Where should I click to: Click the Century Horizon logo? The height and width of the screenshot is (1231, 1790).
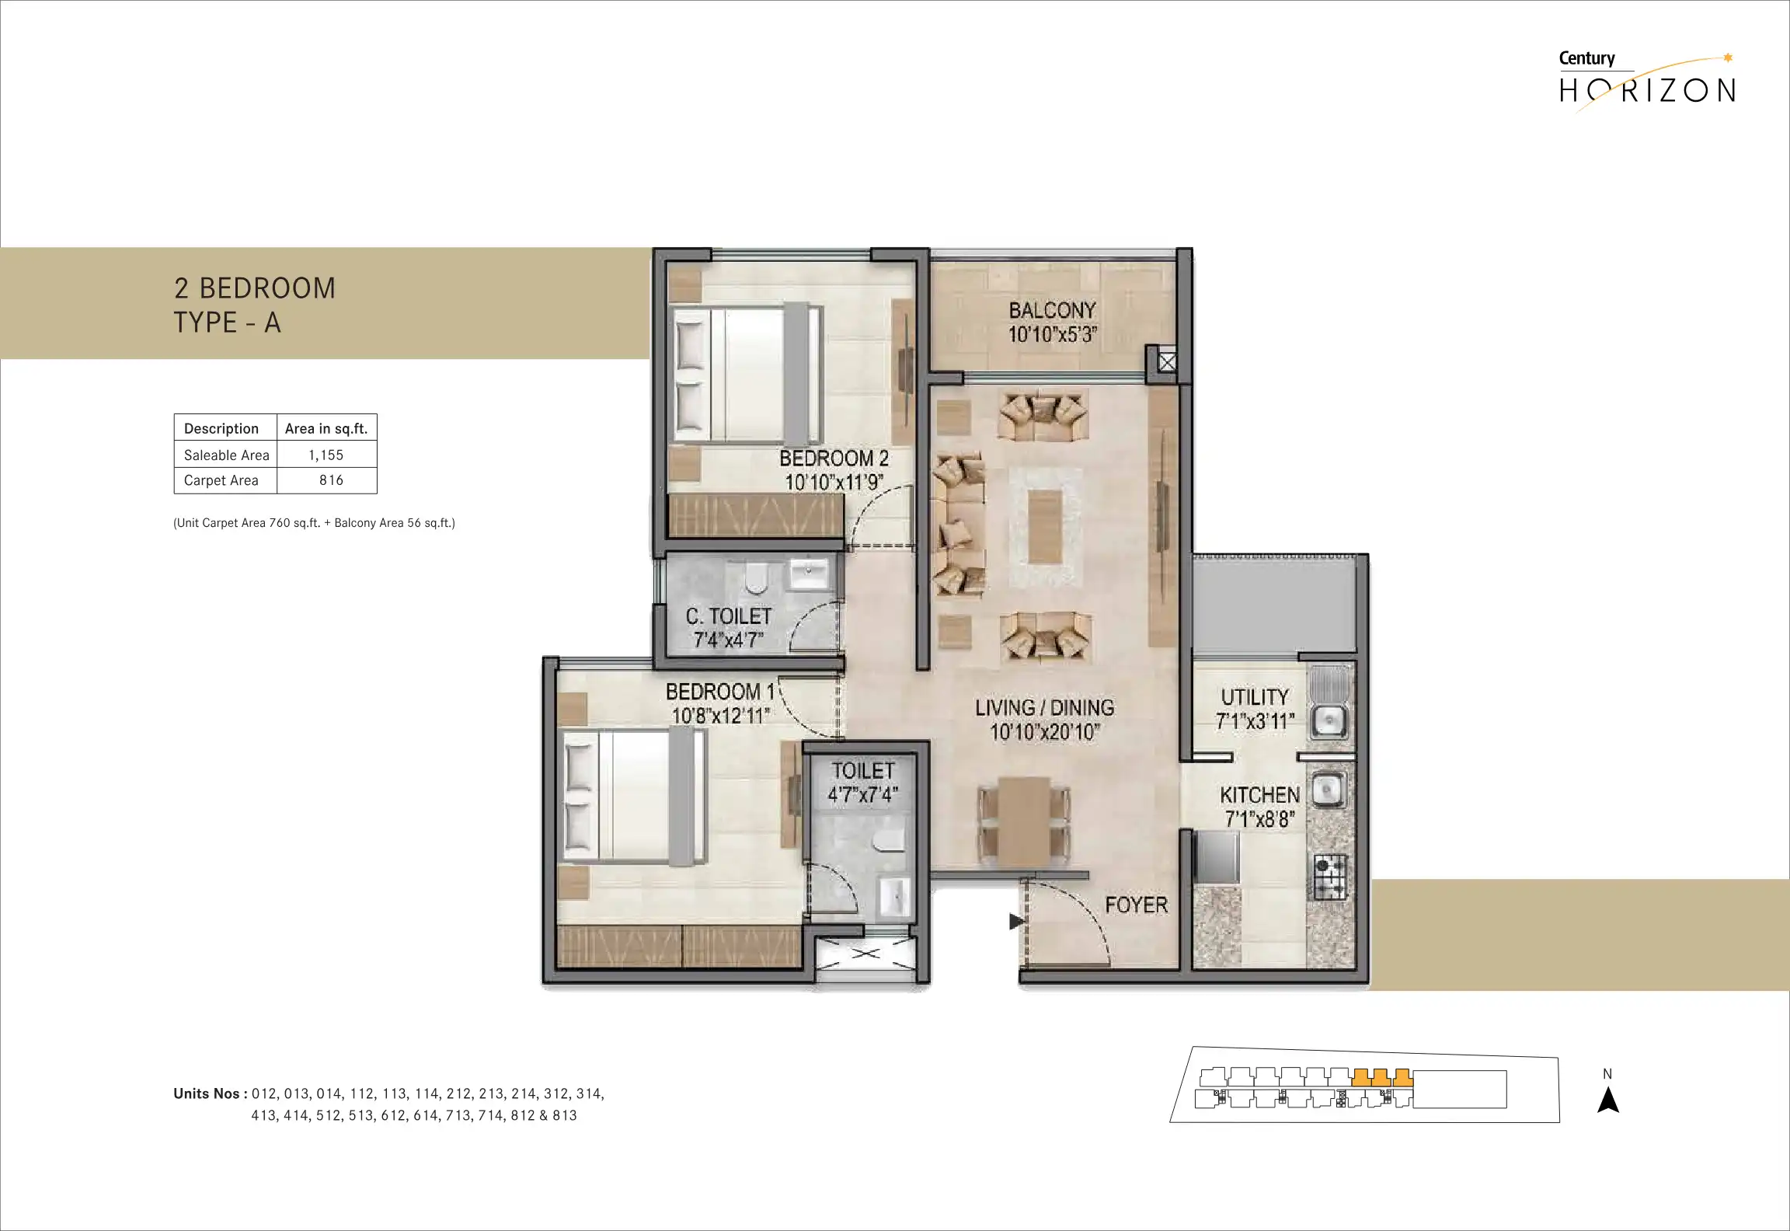click(1647, 81)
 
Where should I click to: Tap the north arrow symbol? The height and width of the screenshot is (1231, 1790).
click(1607, 1099)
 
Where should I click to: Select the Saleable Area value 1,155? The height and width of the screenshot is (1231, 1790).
click(326, 455)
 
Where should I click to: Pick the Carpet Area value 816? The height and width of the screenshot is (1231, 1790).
click(331, 480)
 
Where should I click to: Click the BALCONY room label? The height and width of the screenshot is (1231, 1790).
click(1052, 310)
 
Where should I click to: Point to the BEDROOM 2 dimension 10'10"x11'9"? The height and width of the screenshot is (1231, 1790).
click(834, 483)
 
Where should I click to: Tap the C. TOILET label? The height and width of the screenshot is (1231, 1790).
click(729, 616)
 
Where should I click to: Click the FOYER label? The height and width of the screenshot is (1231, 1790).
click(1136, 905)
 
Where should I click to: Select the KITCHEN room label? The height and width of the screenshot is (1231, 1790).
click(1259, 795)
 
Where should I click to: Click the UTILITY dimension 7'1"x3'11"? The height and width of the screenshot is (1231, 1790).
click(1255, 722)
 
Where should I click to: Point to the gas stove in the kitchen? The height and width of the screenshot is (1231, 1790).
click(1329, 877)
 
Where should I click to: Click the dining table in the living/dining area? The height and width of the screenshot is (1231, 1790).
click(1024, 821)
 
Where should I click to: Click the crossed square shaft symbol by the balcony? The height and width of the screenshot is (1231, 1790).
click(1167, 362)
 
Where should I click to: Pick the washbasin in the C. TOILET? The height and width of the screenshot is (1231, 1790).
click(809, 574)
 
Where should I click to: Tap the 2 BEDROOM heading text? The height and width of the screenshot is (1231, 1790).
click(255, 288)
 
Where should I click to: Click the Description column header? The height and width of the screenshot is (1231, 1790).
click(221, 428)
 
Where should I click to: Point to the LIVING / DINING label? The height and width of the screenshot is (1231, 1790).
click(1044, 708)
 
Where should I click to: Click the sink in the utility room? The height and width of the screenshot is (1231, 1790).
click(1329, 721)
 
